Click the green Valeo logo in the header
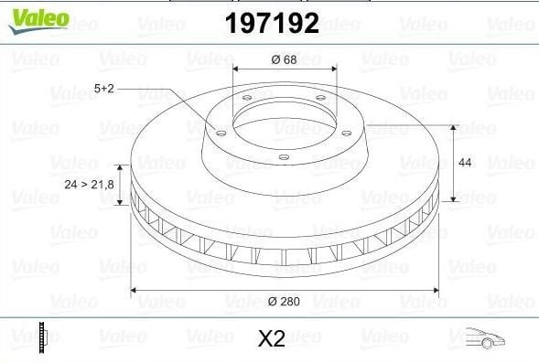[x=38, y=21]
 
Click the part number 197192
[x=272, y=23]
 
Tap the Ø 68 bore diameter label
[x=284, y=59]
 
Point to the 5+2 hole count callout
[x=103, y=89]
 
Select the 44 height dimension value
[x=465, y=163]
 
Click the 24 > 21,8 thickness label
[x=89, y=185]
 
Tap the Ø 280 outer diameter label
[x=284, y=301]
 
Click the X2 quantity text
[x=272, y=338]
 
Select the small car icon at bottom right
[x=485, y=338]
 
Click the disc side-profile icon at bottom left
[x=43, y=338]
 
